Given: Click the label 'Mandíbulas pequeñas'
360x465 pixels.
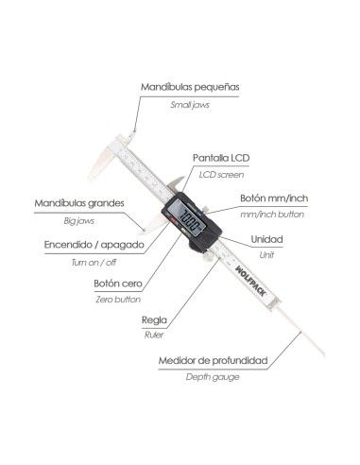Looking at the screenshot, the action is click(x=190, y=87).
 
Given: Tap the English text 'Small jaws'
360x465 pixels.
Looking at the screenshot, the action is click(x=190, y=105).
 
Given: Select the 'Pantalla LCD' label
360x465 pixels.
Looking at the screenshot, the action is click(x=221, y=158).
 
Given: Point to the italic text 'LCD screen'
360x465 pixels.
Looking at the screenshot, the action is click(x=221, y=175).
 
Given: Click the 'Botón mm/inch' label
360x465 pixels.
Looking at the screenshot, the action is click(x=274, y=198).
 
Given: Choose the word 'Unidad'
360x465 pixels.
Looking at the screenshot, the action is click(x=266, y=239).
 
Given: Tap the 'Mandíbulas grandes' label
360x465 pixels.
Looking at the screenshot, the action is click(x=79, y=203).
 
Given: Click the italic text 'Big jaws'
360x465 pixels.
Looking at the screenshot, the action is click(x=79, y=221).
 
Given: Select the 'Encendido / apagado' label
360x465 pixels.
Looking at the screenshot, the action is click(x=94, y=245).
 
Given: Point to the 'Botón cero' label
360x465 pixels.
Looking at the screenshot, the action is click(x=118, y=284).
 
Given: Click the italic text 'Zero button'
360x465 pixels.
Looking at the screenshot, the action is click(x=118, y=300).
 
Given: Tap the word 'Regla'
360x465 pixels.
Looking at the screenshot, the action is click(x=154, y=320).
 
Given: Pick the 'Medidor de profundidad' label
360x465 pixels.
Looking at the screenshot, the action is click(x=214, y=360).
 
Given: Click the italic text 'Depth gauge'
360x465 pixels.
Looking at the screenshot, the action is click(x=213, y=377).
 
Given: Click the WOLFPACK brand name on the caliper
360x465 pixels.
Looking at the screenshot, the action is click(x=250, y=281).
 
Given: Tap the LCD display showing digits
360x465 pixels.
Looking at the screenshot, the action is click(x=187, y=218).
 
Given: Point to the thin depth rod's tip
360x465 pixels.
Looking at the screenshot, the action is click(x=323, y=355).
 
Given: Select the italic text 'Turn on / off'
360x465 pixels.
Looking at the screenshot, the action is click(x=94, y=263).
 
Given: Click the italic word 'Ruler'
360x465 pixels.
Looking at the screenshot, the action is click(x=154, y=335).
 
